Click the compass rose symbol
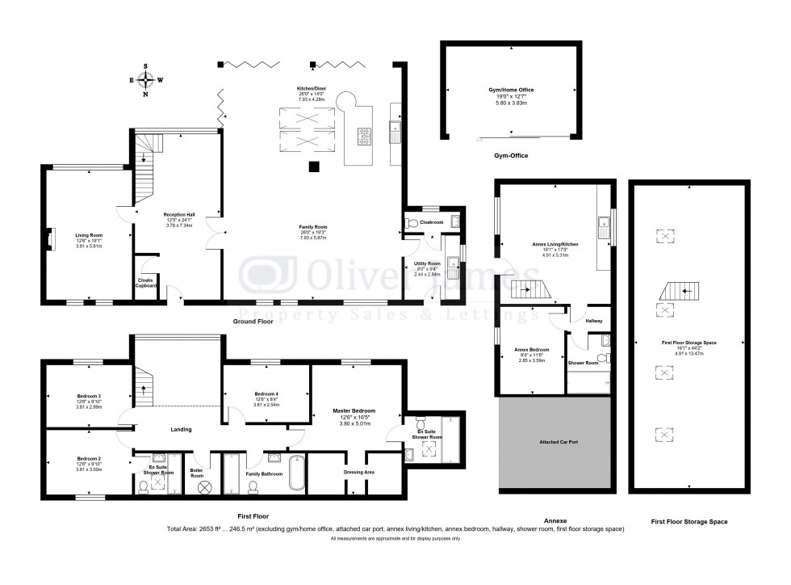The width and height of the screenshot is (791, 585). [145, 80]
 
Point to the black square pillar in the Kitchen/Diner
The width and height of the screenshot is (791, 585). [314, 167]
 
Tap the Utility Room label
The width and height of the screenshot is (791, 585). [427, 263]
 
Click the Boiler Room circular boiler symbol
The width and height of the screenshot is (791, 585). [205, 487]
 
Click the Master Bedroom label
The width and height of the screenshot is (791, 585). [354, 410]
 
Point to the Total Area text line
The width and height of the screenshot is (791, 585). [395, 529]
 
